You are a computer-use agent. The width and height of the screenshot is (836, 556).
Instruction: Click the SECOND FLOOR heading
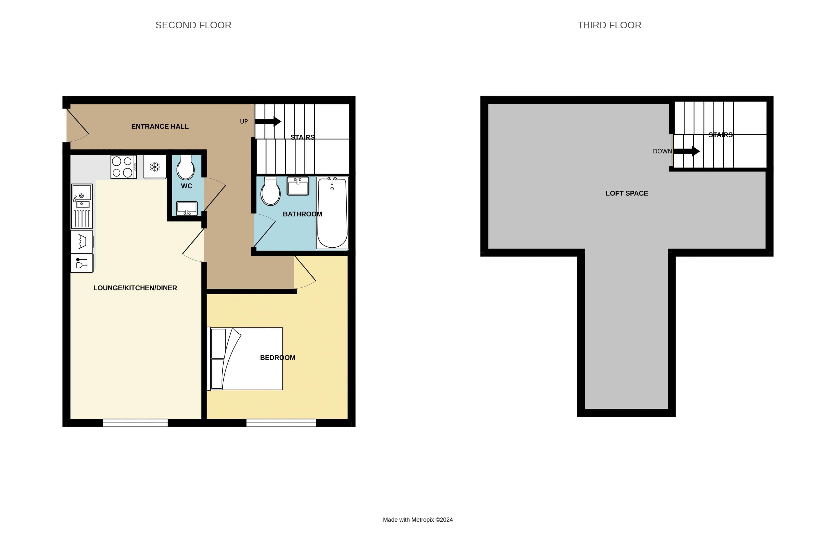click(193, 25)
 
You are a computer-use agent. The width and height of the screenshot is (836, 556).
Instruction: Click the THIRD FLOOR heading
click(609, 25)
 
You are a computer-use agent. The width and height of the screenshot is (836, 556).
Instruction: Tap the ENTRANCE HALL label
click(160, 127)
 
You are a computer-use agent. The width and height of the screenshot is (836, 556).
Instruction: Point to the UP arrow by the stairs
click(268, 122)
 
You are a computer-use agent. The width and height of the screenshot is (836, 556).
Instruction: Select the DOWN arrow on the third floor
click(686, 151)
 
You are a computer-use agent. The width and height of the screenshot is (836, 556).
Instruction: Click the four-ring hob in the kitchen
click(123, 167)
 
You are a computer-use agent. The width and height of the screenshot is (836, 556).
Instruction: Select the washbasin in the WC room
click(187, 208)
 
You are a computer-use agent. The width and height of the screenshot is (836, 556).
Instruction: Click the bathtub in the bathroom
click(332, 213)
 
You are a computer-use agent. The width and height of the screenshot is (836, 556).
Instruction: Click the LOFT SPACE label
click(626, 193)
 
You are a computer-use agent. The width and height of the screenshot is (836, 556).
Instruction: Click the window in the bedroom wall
click(281, 422)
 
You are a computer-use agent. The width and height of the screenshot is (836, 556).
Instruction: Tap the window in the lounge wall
click(135, 422)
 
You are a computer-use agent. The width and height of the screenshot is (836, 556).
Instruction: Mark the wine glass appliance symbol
click(82, 263)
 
